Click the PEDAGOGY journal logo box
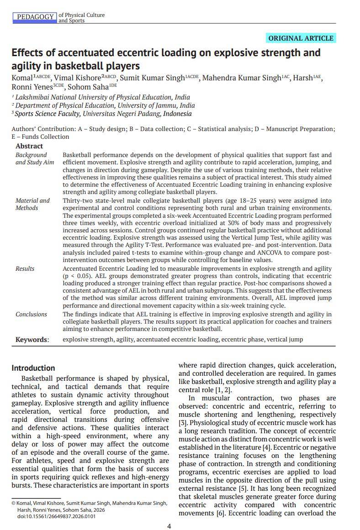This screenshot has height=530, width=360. click(35, 17)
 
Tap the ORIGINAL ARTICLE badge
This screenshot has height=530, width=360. click(301, 38)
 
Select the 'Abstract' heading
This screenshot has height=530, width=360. click(29, 146)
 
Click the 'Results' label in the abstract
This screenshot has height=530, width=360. click(25, 269)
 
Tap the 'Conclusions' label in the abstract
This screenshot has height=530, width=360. click(31, 315)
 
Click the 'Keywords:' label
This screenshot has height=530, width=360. click(32, 340)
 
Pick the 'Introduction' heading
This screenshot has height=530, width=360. click(33, 368)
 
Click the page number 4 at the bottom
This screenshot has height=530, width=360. click(169, 526)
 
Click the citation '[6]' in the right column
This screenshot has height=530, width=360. click(220, 514)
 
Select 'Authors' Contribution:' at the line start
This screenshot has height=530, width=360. click(44, 129)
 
